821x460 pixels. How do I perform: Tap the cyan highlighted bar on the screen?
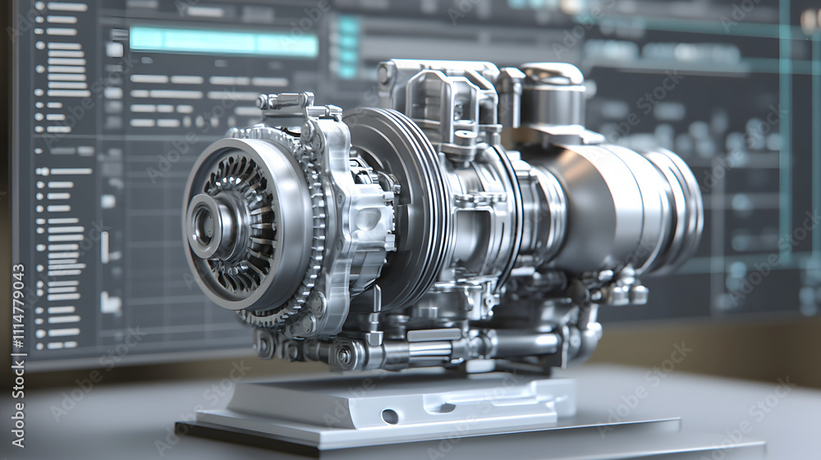223,42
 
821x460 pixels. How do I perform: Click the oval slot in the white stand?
390,416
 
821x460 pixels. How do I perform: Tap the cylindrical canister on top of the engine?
552,94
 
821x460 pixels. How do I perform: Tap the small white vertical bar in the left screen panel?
104,246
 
